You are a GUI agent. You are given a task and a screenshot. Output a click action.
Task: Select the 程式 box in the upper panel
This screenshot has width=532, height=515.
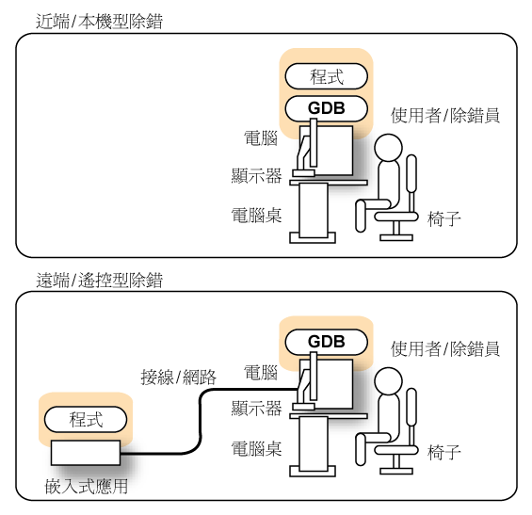[x=327, y=76]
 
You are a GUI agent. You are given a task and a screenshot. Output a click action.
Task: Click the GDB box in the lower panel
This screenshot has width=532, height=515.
[x=327, y=341]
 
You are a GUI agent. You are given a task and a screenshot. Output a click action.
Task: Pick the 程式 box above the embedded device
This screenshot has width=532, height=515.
[x=86, y=418]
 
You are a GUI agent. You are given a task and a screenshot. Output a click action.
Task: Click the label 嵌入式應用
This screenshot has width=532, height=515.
[x=86, y=488]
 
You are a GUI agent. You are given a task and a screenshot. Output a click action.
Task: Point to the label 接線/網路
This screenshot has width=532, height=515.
[x=179, y=378]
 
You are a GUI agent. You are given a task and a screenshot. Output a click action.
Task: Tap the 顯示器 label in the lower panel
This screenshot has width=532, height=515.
[x=256, y=409]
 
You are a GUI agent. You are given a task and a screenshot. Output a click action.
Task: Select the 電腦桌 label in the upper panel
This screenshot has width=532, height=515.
[x=256, y=215]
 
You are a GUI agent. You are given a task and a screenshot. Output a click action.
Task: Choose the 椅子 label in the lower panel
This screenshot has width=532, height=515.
[x=443, y=452]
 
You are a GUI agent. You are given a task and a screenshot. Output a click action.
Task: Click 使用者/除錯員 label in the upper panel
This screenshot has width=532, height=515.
[x=444, y=116]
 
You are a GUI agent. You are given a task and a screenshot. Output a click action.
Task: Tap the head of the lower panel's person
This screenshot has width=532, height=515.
[x=389, y=382]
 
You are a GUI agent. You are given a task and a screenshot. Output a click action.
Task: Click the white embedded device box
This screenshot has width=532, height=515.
[x=86, y=453]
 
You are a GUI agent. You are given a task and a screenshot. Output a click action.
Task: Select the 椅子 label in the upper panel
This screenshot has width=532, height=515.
[x=443, y=218]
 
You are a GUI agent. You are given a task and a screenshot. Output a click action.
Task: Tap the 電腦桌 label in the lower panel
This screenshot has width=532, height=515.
[x=256, y=448]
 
